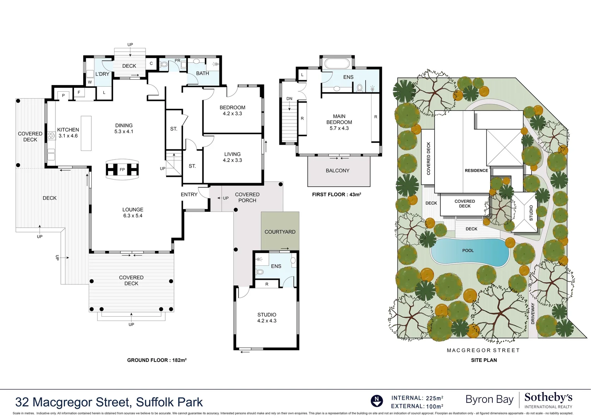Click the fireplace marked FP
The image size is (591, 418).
point(122,170)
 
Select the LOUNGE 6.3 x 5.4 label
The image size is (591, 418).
point(133,212)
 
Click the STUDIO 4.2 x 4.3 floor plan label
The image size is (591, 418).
point(267,318)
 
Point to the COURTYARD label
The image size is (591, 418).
point(280,232)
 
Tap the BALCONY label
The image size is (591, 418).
point(337,171)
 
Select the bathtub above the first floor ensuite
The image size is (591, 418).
point(337,63)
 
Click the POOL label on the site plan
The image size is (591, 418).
point(468,250)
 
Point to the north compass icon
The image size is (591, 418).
point(377,401)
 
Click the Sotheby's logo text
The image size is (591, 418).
point(548,398)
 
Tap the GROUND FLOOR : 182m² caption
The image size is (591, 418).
point(157,360)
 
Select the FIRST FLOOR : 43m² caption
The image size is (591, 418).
point(336,195)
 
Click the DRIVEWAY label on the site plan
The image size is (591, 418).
point(533,313)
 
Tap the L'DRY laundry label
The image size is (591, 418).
point(103,74)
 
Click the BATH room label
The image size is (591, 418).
point(202,74)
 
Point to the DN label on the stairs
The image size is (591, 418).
point(290,99)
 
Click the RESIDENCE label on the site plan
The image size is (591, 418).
point(476,171)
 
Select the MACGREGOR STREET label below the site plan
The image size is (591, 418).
point(483,350)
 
